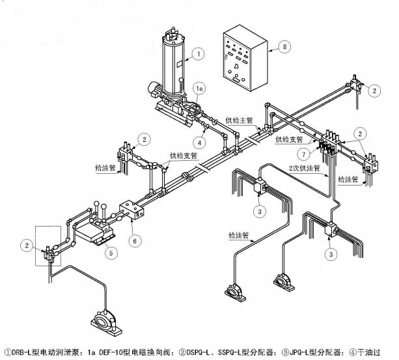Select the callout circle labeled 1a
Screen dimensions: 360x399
(x=201, y=87)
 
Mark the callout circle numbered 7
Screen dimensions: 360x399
(x=301, y=154)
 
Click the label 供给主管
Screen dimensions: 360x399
(x=238, y=120)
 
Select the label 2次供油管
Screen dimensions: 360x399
(x=305, y=168)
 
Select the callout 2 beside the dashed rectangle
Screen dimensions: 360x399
(x=27, y=245)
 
